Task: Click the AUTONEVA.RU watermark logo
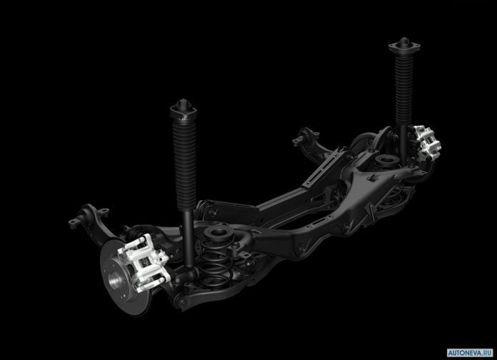pos(470,352)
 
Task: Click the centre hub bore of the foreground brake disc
pos(115,280)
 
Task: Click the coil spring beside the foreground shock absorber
pos(216,264)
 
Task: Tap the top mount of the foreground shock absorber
pos(183,108)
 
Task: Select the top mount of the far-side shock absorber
pos(404,44)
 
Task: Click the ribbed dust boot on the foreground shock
pos(185,164)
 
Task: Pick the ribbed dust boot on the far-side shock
pos(404,88)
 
